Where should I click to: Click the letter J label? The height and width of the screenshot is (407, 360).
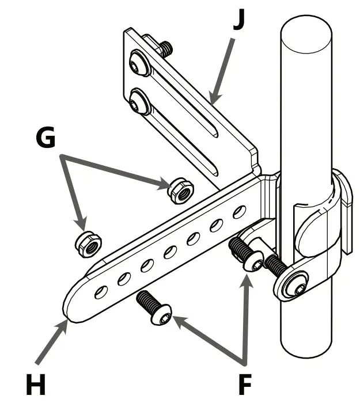[x=238, y=18]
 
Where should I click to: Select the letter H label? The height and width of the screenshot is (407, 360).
[x=36, y=383]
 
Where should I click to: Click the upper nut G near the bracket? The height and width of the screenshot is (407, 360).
[x=180, y=189]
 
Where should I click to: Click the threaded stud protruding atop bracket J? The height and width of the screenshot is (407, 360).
[x=166, y=49]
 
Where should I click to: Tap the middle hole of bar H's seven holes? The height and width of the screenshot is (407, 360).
[x=169, y=252]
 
